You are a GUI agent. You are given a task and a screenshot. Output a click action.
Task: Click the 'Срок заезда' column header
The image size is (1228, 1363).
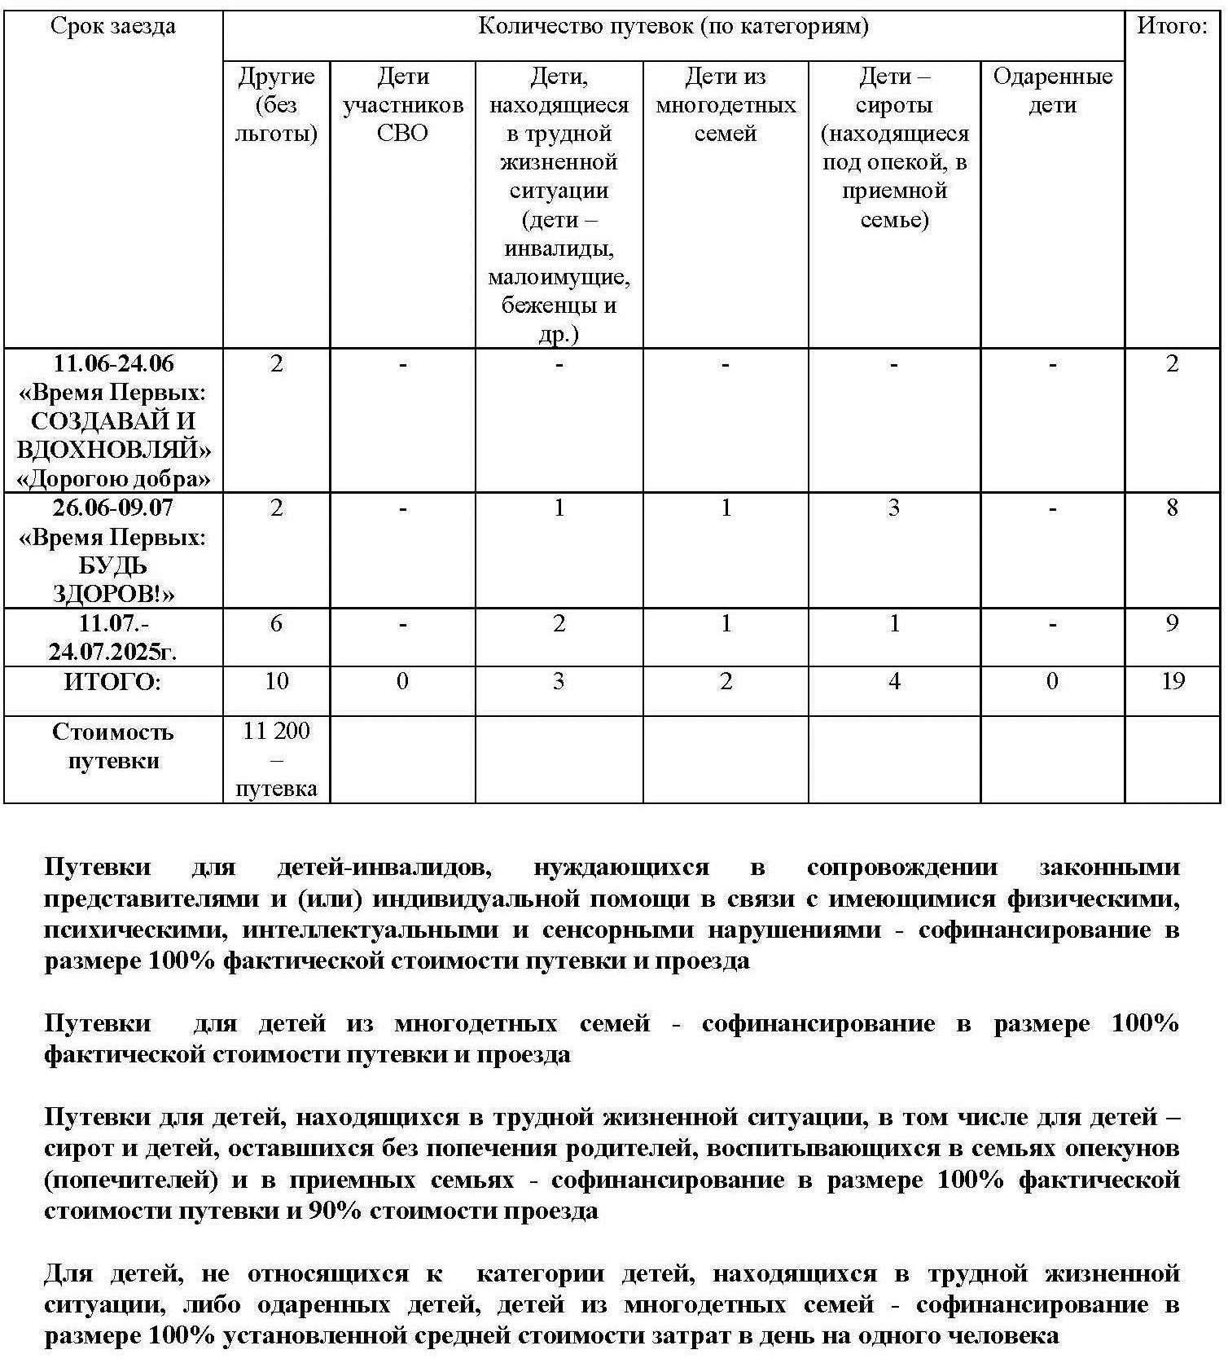click(112, 26)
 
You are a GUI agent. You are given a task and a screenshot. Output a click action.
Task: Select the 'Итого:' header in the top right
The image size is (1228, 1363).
click(1171, 26)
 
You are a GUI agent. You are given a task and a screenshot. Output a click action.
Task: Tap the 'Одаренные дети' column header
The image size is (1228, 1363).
click(1052, 90)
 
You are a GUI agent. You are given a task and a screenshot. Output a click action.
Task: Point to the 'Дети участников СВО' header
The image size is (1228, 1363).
click(402, 104)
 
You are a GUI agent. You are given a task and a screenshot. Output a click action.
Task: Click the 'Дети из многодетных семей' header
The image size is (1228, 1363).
click(725, 104)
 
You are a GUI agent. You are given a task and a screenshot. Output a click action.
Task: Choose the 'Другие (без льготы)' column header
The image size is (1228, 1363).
click(276, 104)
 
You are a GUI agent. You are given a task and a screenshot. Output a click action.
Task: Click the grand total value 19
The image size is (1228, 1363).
click(1172, 681)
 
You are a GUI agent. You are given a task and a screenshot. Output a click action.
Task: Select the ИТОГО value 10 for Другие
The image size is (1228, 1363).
click(276, 681)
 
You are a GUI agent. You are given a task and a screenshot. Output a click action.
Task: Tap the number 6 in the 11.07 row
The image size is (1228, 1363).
click(276, 624)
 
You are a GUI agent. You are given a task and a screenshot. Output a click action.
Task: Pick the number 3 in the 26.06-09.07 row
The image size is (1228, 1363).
click(893, 508)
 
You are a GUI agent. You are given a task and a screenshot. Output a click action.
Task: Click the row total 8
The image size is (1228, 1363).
click(1172, 508)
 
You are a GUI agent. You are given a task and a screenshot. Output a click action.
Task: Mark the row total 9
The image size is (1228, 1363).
click(1172, 624)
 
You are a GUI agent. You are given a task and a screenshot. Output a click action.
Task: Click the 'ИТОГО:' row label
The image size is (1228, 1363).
click(112, 682)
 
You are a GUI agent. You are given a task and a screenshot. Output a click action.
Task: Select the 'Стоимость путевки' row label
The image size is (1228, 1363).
click(112, 746)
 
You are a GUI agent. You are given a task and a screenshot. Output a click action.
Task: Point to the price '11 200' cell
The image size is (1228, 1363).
click(276, 731)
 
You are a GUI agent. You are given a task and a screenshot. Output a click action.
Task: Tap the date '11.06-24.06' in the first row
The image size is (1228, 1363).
click(113, 363)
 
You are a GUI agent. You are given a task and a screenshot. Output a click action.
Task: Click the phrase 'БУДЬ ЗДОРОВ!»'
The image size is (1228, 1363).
click(113, 579)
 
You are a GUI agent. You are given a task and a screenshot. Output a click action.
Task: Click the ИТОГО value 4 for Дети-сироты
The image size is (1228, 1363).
click(893, 681)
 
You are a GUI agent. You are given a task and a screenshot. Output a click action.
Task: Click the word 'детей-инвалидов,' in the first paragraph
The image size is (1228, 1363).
click(384, 867)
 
